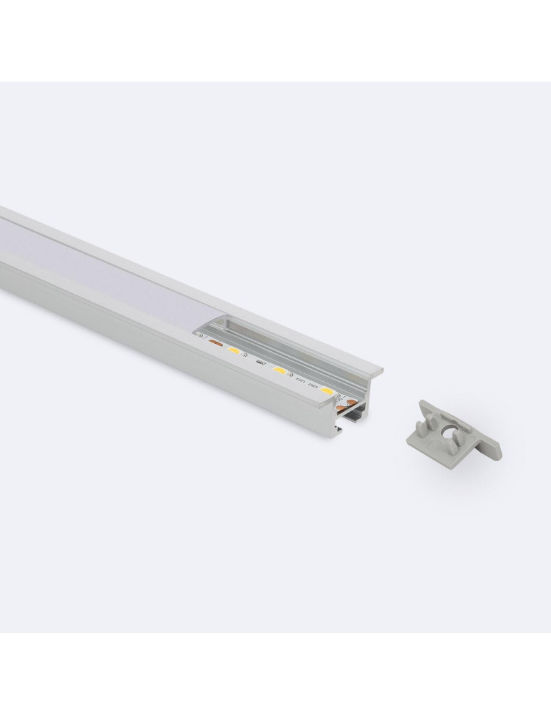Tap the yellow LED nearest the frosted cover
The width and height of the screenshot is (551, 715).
pos(233,351)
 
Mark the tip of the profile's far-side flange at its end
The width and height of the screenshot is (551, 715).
pos(378,370)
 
